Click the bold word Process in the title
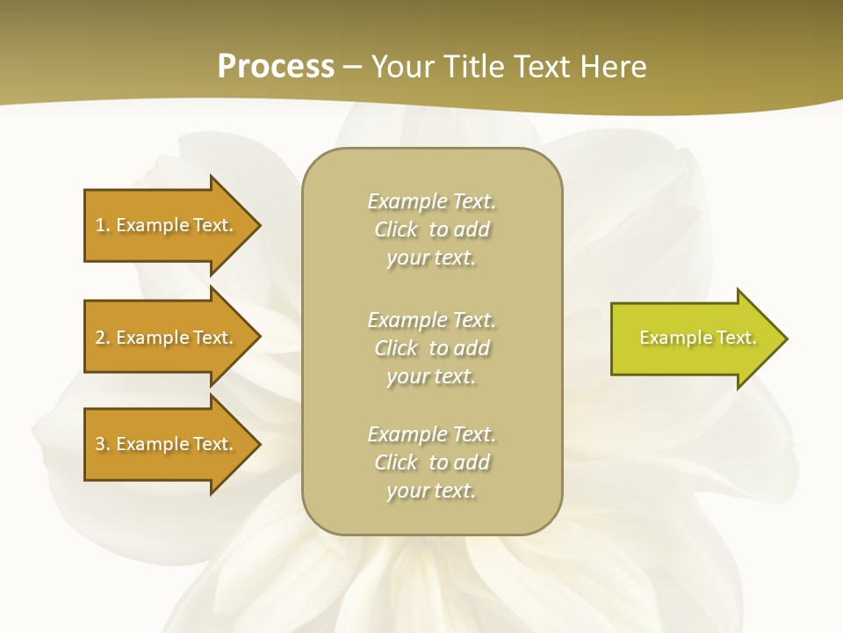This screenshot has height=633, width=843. click(x=276, y=67)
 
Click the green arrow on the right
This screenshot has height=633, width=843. click(x=694, y=338)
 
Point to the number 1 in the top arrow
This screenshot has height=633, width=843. click(x=100, y=225)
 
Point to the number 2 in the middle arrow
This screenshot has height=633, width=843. click(x=100, y=338)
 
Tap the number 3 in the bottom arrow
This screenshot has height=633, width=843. click(x=100, y=444)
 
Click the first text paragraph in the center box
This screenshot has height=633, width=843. click(x=431, y=229)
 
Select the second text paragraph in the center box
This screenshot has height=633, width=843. click(x=431, y=347)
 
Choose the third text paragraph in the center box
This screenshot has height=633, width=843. click(x=431, y=462)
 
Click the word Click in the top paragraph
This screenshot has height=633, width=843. click(x=396, y=229)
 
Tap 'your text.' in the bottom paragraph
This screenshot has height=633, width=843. click(x=431, y=491)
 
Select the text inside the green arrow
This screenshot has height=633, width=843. click(x=698, y=338)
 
